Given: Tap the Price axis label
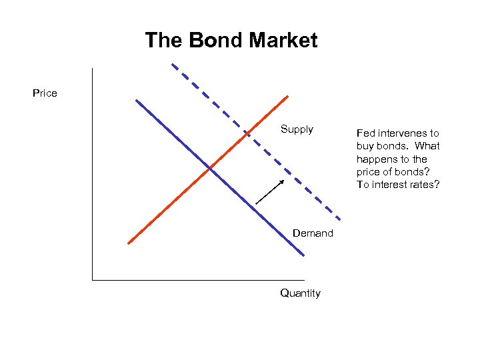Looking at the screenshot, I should click(x=45, y=93).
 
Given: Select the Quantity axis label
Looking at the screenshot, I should click(x=300, y=293).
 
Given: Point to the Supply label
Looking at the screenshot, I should click(x=297, y=129).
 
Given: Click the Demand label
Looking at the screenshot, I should click(x=313, y=233).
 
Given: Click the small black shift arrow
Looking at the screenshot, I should click(x=270, y=192).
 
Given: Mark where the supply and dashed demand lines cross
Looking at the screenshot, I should click(x=247, y=134).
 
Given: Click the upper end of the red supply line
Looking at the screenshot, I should click(x=287, y=96).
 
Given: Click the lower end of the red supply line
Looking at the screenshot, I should click(x=128, y=243).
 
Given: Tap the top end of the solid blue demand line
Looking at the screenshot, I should click(x=136, y=101).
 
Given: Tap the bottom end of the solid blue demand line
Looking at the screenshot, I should click(x=303, y=255).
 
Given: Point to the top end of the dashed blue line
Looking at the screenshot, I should click(x=172, y=64).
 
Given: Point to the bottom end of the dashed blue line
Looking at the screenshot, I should click(x=341, y=219).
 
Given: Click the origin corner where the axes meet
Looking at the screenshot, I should click(x=93, y=280).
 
